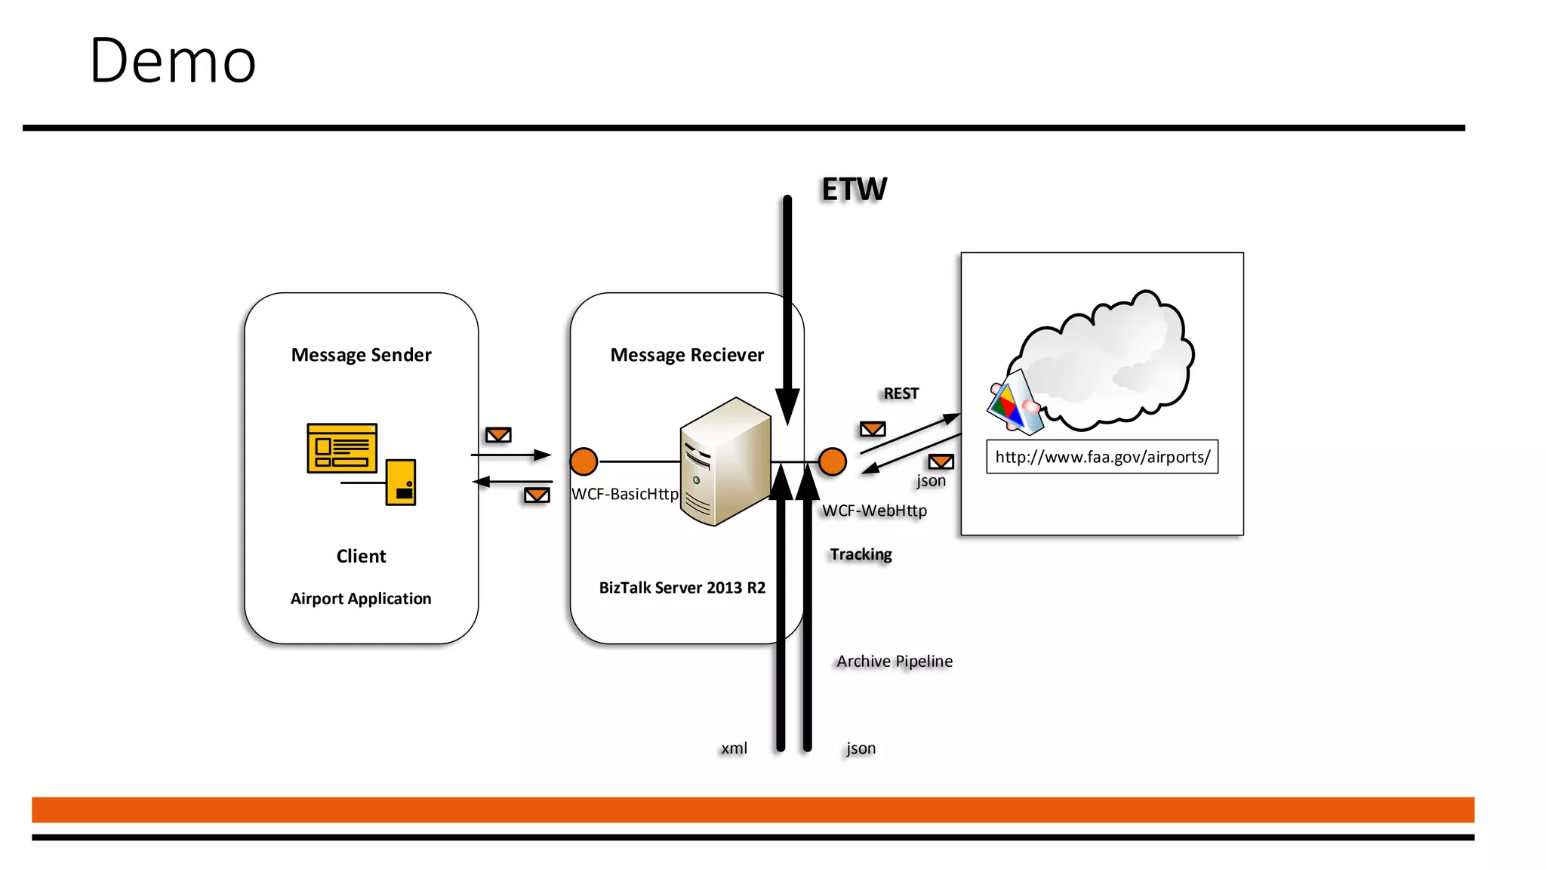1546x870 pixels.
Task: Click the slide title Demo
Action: point(172,60)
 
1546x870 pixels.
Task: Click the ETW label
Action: point(854,189)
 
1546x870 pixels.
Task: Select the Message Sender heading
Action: point(361,355)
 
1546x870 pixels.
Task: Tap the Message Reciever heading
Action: point(687,355)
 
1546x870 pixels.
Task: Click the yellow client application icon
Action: point(361,463)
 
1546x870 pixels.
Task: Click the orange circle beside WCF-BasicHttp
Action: point(584,461)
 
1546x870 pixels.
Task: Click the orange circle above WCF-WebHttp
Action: point(832,461)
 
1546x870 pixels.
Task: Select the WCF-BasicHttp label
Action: point(625,494)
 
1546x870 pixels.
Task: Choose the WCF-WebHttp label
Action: point(874,511)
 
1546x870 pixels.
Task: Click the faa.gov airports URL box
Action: point(1101,457)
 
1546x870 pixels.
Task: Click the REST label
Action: point(901,393)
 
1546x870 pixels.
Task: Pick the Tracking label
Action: point(861,554)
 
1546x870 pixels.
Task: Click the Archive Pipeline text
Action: point(895,662)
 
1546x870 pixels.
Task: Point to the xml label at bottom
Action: point(734,748)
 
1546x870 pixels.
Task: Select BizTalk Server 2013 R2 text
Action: point(682,588)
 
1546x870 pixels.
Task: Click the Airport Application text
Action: point(361,599)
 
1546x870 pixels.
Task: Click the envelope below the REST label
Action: point(873,429)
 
